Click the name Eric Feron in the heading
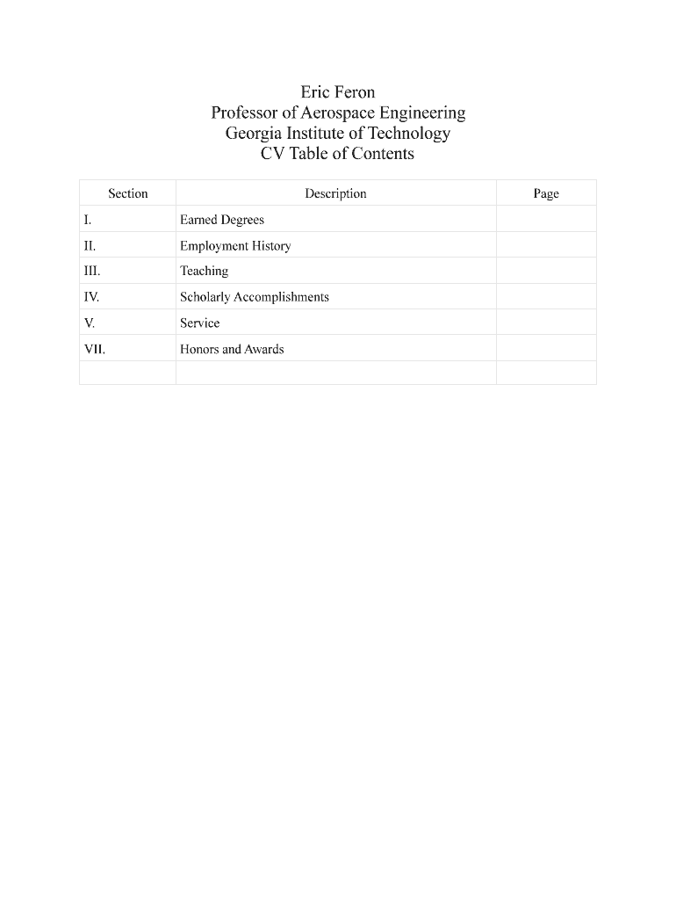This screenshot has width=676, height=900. pos(338,92)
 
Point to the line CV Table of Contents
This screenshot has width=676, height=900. pos(338,154)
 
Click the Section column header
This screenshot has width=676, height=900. pos(128,193)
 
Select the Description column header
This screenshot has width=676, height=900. pos(335,193)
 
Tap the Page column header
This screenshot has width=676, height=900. pos(546,193)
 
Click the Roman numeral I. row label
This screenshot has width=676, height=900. pos(89,220)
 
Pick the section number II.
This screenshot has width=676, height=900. pos(90,246)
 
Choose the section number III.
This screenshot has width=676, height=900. pos(92,272)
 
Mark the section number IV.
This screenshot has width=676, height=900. pos(92,297)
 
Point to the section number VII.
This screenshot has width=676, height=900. pos(95,349)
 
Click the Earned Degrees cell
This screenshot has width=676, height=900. pos(222,220)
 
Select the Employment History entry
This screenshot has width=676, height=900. pos(235,246)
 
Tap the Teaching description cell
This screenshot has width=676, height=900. pos(204,272)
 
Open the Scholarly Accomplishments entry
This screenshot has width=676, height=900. pos(255,297)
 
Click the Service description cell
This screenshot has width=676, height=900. pos(200,323)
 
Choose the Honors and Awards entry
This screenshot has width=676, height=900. pos(232,349)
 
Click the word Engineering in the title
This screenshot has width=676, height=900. pos(422,113)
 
